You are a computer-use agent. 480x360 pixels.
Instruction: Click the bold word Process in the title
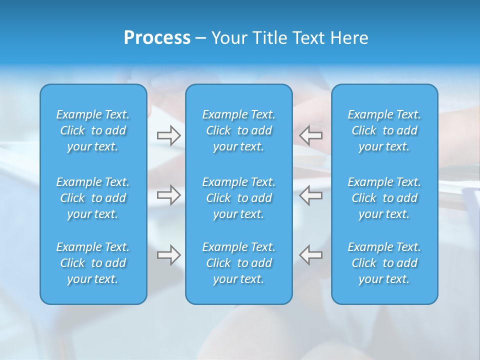157,38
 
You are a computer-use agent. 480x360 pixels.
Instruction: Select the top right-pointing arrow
168,135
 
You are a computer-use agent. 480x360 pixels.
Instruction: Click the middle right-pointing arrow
168,194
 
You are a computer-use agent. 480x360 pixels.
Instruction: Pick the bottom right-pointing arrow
168,255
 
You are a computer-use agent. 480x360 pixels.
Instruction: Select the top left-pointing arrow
311,135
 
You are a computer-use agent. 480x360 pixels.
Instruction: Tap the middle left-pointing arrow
311,194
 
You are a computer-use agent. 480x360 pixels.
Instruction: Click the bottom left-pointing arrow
311,255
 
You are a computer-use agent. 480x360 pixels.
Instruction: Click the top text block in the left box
93,130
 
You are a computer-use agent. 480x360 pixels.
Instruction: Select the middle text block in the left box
93,198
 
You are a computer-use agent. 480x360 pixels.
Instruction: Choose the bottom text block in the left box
93,263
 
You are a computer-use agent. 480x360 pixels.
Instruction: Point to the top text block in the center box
239,130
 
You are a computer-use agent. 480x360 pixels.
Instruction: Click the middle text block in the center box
239,198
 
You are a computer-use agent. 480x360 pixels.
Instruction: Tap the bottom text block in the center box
239,263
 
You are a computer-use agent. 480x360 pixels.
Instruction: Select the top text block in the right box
384,130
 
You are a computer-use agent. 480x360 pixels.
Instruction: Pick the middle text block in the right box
384,198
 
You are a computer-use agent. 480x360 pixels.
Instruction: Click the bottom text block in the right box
384,263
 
